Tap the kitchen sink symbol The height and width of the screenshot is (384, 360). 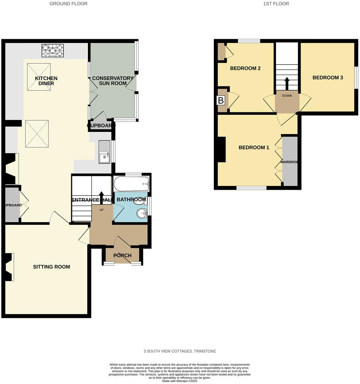point(104,152)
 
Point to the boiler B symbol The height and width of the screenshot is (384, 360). point(220,101)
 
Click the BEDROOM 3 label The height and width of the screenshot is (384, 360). point(328,78)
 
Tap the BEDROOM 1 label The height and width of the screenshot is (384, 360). point(254,147)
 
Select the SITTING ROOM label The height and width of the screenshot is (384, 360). point(51,267)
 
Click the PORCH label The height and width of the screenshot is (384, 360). point(123,256)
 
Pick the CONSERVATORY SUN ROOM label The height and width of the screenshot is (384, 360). point(113,81)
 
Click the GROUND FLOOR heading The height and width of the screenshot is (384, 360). point(68,4)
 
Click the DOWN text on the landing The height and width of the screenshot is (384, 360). point(287,96)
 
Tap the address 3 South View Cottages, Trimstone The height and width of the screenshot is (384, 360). point(180,351)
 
